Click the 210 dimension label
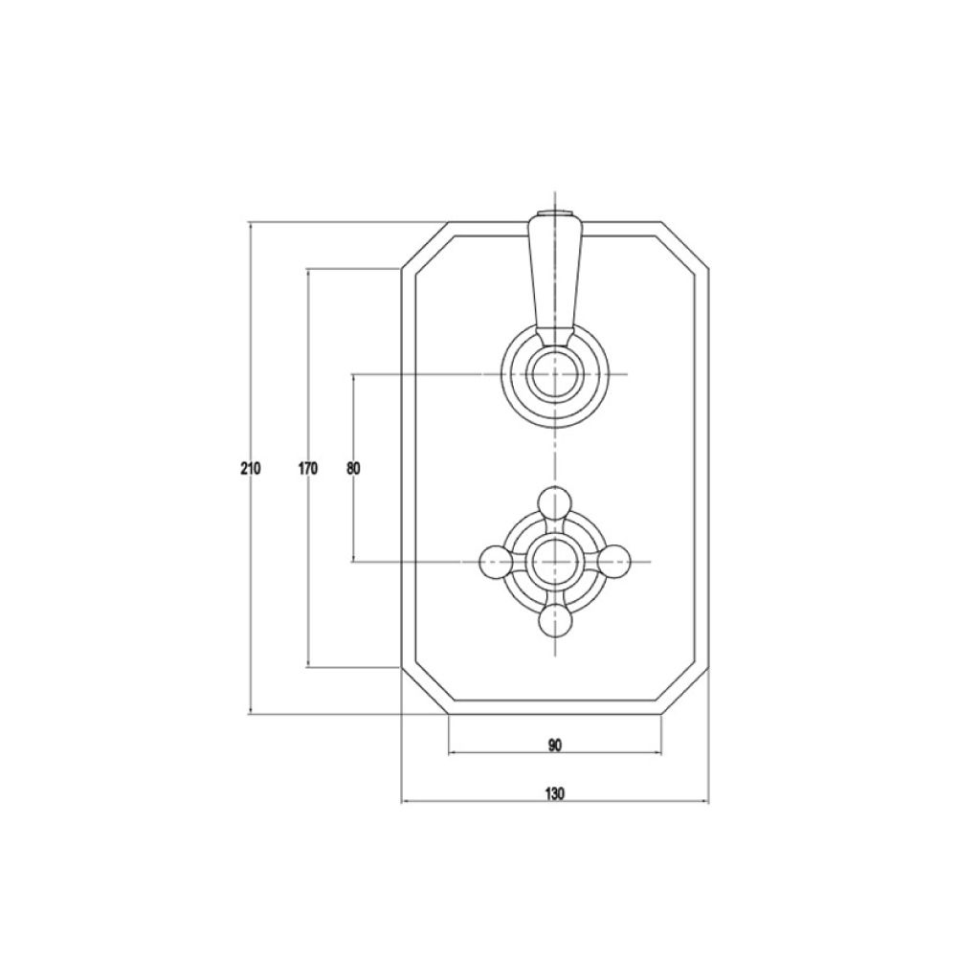[x=251, y=469]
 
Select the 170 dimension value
[x=307, y=469]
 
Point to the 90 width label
[x=555, y=744]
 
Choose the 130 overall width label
[x=555, y=792]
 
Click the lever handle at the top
[x=553, y=278]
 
